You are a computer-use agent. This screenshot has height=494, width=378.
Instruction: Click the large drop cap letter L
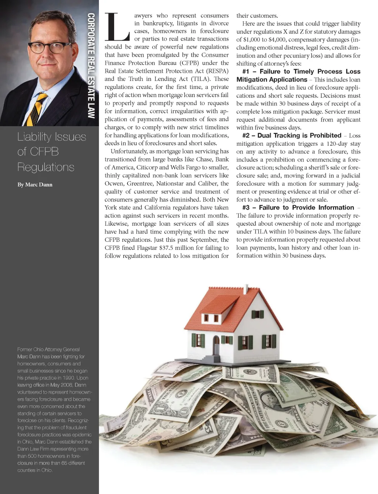[117, 27]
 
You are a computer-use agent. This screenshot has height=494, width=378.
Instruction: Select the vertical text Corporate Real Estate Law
[91, 66]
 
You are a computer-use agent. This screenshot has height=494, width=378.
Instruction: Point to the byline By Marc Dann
[35, 184]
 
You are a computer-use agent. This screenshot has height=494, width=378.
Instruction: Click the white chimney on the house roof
[245, 289]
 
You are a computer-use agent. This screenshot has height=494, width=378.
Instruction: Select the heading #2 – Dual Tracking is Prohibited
[292, 135]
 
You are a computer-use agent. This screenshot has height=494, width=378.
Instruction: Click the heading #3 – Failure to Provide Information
[298, 207]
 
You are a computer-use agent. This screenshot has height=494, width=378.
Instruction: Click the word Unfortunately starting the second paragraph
[129, 151]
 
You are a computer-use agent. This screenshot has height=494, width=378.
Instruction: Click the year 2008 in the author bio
[66, 385]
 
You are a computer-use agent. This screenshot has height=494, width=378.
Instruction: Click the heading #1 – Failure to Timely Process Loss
[301, 72]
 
